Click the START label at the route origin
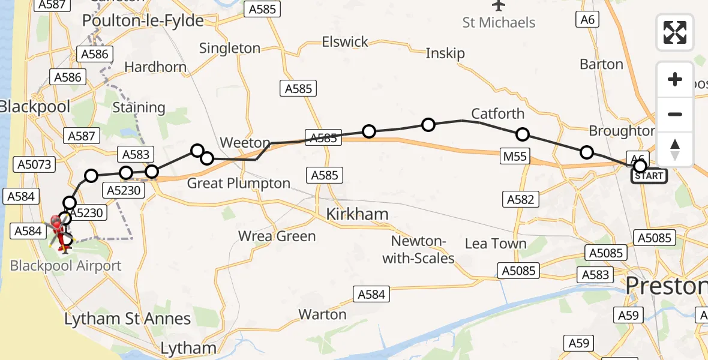(x=649, y=176)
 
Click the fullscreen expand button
(x=675, y=32)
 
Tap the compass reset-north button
(x=675, y=149)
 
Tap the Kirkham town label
(x=357, y=214)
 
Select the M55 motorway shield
(x=515, y=157)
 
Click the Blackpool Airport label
(x=66, y=266)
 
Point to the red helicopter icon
(x=58, y=229)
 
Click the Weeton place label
(x=245, y=143)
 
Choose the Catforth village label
(x=497, y=114)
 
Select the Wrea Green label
(x=277, y=236)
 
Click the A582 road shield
(x=520, y=199)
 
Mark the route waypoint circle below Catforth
(x=522, y=134)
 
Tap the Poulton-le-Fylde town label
(x=143, y=20)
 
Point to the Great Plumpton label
(x=239, y=183)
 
